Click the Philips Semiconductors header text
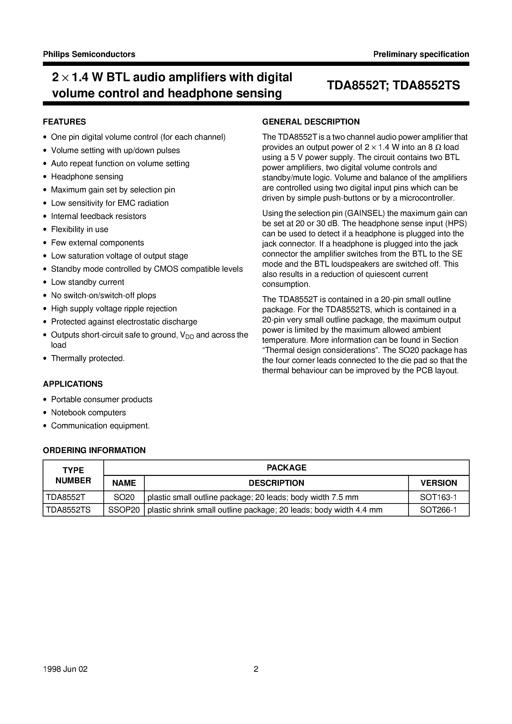pos(89,54)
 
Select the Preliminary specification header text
pos(421,54)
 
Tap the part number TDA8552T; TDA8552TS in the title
pos(393,85)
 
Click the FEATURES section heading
pos(64,122)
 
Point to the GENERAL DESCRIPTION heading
pos(311,122)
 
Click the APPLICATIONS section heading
pos(73,384)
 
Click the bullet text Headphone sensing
pos(87,177)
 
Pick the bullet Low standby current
pos(88,282)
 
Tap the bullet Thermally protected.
pos(88,358)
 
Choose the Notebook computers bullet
pos(88,413)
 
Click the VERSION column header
pos(438,483)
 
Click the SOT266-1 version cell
pos(438,510)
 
